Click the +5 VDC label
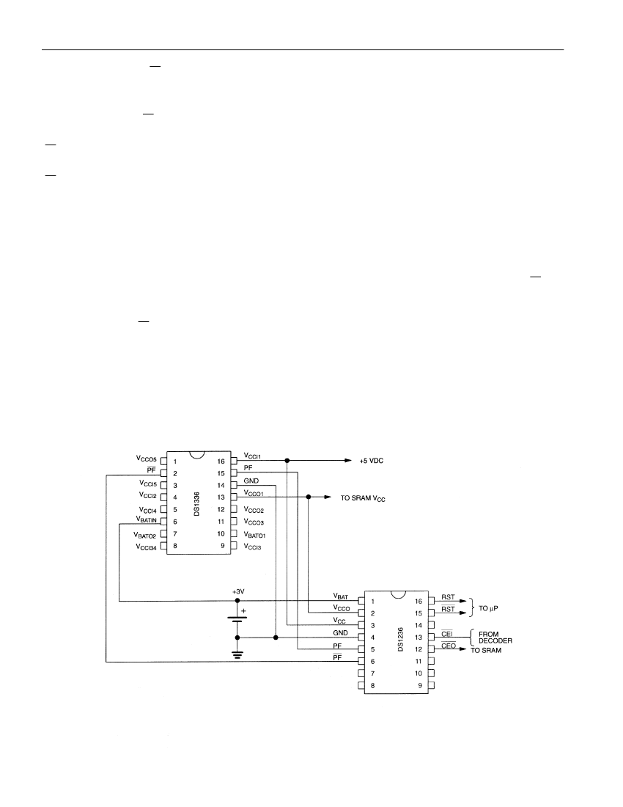(x=371, y=461)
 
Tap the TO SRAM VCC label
(x=363, y=499)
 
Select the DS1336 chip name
(x=197, y=505)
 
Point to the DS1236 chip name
(x=400, y=640)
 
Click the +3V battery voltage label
(x=238, y=592)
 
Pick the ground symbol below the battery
(x=237, y=654)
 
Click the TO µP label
(x=488, y=608)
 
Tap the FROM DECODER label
(x=495, y=638)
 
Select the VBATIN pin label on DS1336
(x=147, y=520)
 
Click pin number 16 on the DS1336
(x=221, y=461)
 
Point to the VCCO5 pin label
(x=147, y=458)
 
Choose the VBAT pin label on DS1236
(x=341, y=596)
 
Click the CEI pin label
(x=447, y=634)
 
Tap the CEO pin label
(x=449, y=646)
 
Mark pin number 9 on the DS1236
(x=420, y=685)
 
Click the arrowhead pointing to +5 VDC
(x=348, y=460)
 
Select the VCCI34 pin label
(x=146, y=547)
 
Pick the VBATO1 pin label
(x=254, y=536)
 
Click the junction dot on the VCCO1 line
(x=309, y=497)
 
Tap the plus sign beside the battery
(x=243, y=611)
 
